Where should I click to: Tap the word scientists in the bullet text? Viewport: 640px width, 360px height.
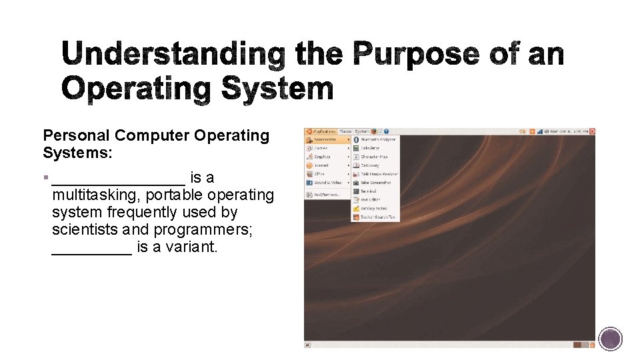coord(85,230)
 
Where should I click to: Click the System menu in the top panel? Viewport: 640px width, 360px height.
coord(361,131)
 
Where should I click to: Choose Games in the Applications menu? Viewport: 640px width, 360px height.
coord(321,148)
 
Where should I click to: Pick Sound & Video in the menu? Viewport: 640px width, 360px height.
coord(327,182)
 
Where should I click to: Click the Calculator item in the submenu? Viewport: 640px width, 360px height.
coord(370,148)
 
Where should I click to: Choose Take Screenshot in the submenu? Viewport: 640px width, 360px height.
coord(375,182)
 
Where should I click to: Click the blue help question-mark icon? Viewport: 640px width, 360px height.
coord(386,131)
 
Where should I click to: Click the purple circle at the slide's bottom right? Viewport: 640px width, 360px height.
coord(610,339)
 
